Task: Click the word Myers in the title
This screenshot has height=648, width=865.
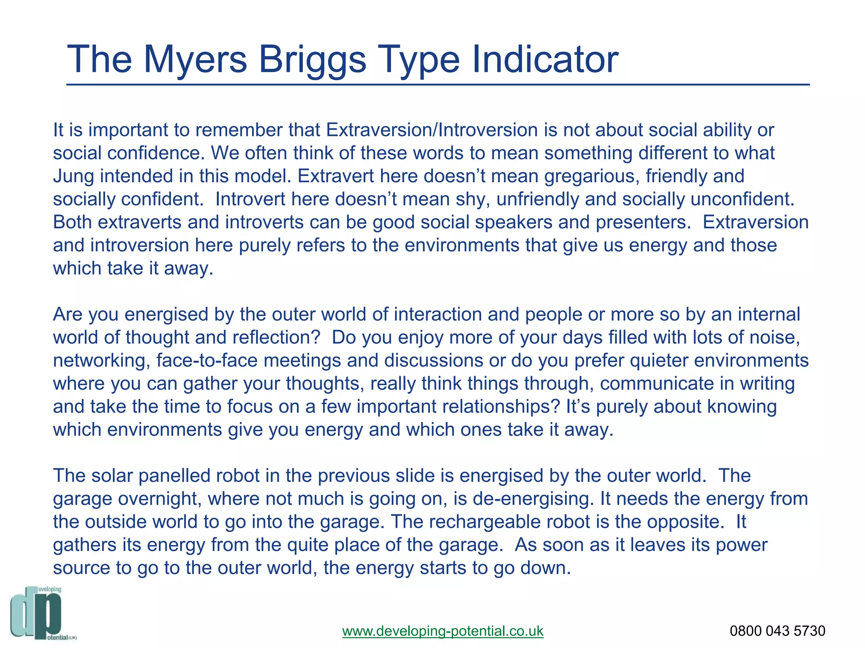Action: click(x=195, y=60)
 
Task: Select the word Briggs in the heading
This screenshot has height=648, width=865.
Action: click(x=312, y=60)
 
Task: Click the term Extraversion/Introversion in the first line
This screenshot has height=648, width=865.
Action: click(x=432, y=130)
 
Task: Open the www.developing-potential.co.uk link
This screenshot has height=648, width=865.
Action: click(x=443, y=631)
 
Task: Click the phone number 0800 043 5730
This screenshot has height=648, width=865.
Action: click(x=777, y=631)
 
